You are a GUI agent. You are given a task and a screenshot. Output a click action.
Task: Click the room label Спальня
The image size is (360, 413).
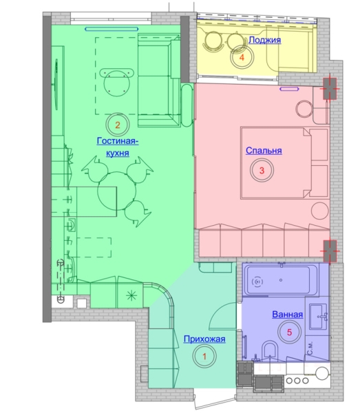tap(264, 151)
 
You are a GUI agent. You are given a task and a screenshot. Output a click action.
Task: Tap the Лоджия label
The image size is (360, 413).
tap(265, 40)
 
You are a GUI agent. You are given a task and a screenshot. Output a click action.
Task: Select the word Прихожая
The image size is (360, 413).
tap(204, 339)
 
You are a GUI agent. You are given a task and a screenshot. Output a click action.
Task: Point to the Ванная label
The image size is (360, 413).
tap(287, 315)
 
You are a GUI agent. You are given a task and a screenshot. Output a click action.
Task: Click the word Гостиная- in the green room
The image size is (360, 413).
tap(118, 141)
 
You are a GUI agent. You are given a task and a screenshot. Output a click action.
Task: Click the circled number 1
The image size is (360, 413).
tap(204, 356)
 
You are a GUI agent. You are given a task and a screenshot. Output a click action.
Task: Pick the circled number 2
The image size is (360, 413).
tap(118, 125)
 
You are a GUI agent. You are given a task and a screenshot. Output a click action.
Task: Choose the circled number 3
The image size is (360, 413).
tap(262, 170)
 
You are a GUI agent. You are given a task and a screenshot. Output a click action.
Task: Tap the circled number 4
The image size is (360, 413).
tap(242, 57)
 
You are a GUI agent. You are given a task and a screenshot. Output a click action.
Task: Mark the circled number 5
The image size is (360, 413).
tap(289, 332)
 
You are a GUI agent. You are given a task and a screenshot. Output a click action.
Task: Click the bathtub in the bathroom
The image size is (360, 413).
tap(281, 279)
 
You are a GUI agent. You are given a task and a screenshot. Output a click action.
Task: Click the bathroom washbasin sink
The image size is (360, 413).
tap(318, 317)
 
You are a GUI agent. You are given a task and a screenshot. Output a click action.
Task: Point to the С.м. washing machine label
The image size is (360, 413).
tap(310, 348)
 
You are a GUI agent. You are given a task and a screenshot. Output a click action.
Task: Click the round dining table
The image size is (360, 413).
tap(116, 191)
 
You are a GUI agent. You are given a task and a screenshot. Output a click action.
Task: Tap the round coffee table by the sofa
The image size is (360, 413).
tap(117, 84)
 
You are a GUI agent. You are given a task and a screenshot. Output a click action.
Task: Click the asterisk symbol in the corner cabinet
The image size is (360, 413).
tap(131, 295)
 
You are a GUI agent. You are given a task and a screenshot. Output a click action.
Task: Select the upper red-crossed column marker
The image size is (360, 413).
tap(330, 89)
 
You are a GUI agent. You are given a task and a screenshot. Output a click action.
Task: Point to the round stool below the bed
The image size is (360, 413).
tap(320, 211)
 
